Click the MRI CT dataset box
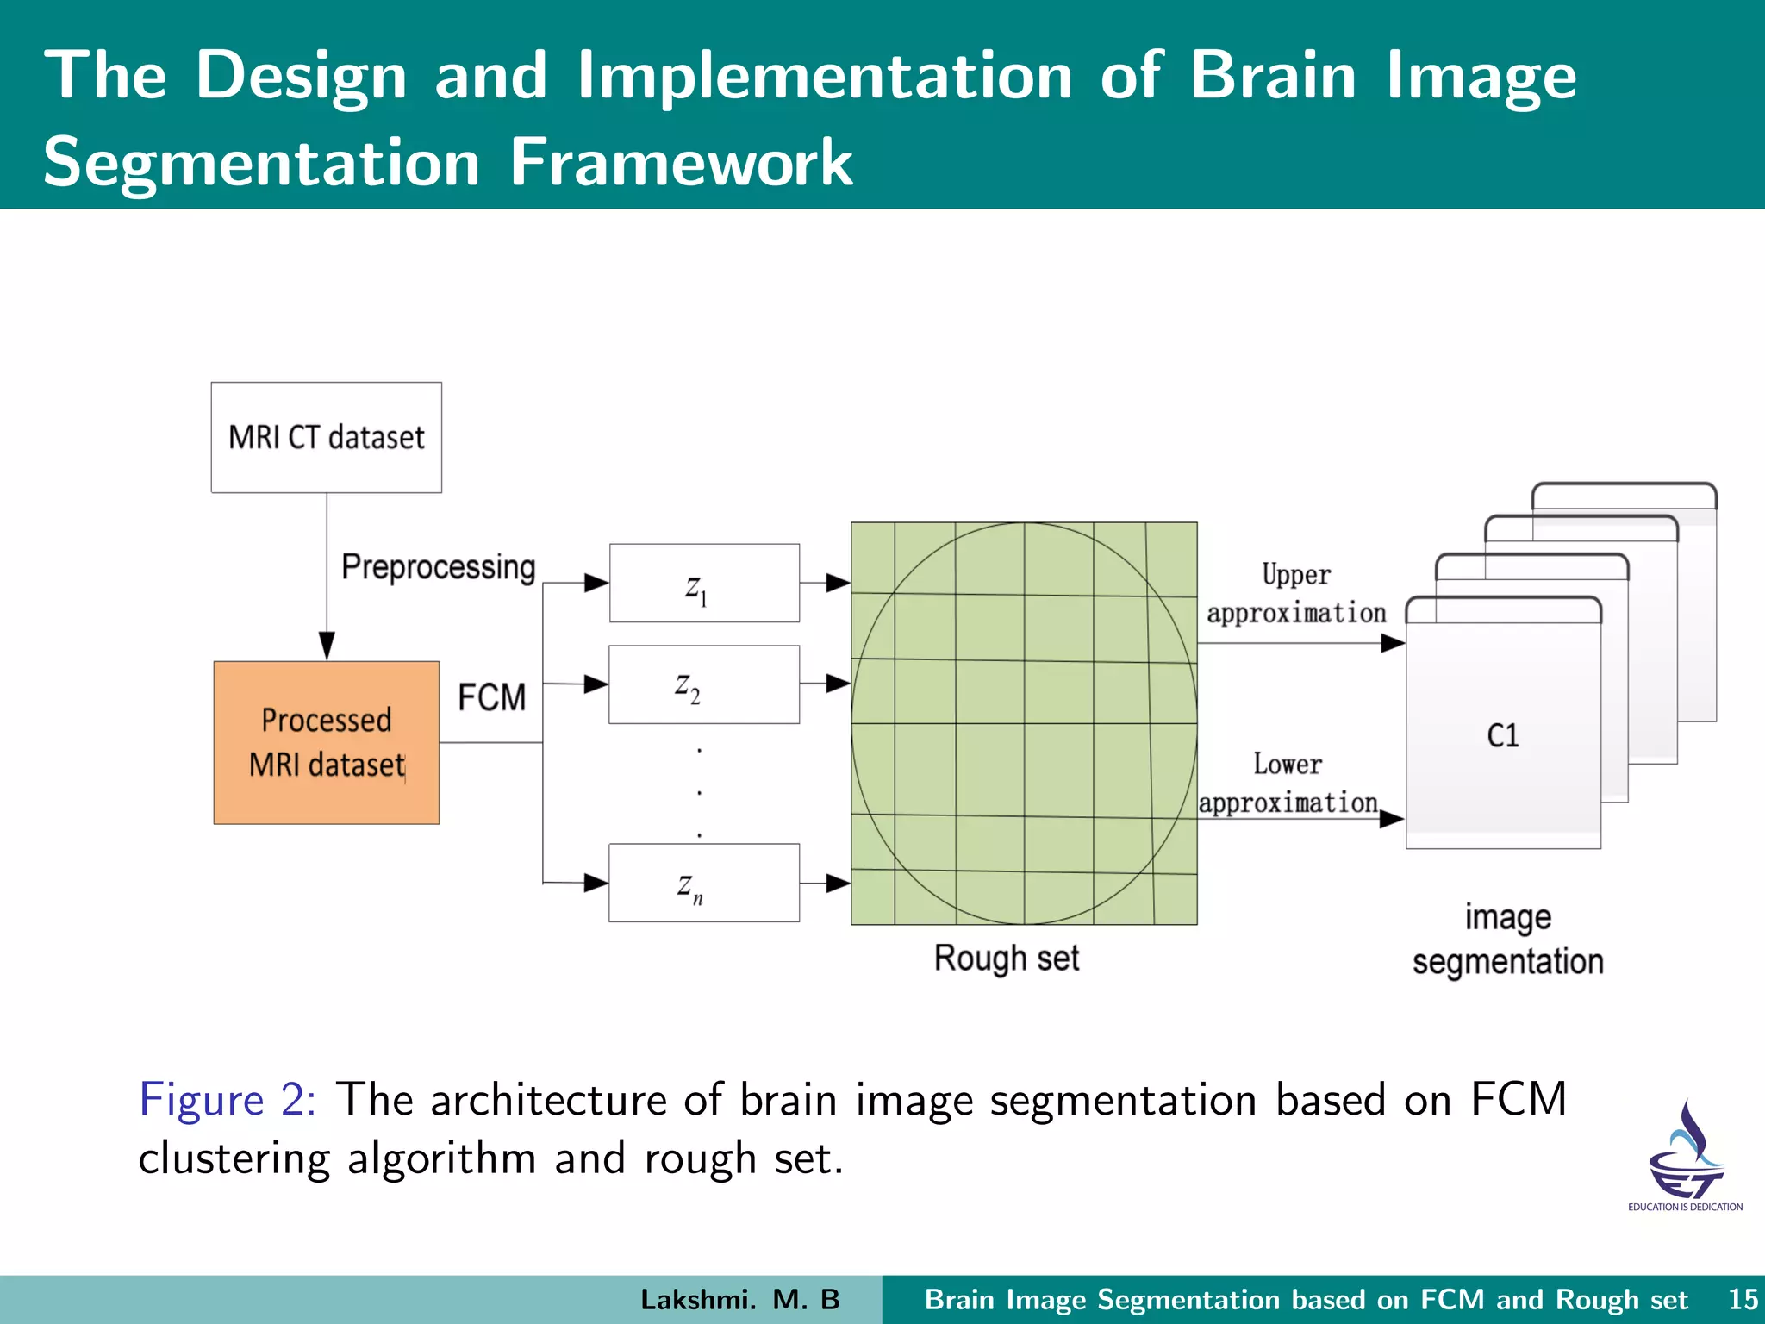pyautogui.click(x=326, y=437)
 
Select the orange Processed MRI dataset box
pyautogui.click(x=326, y=742)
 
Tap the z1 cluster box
pyautogui.click(x=704, y=583)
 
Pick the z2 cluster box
pyautogui.click(x=704, y=684)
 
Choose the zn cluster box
pyautogui.click(x=704, y=883)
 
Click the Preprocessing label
pyautogui.click(x=438, y=567)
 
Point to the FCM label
pyautogui.click(x=491, y=697)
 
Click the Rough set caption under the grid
pyautogui.click(x=1007, y=959)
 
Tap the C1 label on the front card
pyautogui.click(x=1503, y=735)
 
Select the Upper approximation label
pyautogui.click(x=1296, y=594)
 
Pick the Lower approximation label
pyautogui.click(x=1288, y=784)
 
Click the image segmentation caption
pyautogui.click(x=1507, y=940)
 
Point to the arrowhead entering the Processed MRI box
pyautogui.click(x=327, y=646)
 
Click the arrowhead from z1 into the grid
pyautogui.click(x=838, y=584)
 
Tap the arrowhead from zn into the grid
pyautogui.click(x=838, y=884)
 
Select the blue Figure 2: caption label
pyautogui.click(x=228, y=1100)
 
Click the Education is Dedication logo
pyautogui.click(x=1685, y=1155)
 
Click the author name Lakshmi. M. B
pyautogui.click(x=739, y=1299)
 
